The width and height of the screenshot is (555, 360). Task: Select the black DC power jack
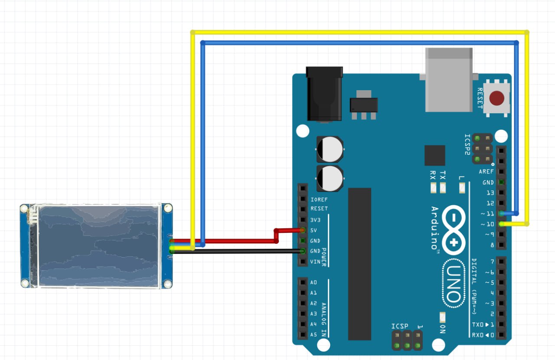[x=324, y=93]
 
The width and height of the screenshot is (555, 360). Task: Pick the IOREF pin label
[x=319, y=200]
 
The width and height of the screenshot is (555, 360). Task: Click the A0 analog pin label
[x=313, y=282]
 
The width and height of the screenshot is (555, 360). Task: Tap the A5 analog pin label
[x=313, y=334]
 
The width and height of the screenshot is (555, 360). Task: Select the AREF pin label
[x=486, y=172]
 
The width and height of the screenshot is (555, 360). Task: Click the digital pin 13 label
[x=490, y=193]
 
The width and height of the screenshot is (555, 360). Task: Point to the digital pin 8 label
[x=492, y=245]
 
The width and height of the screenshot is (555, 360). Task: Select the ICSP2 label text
[x=467, y=144]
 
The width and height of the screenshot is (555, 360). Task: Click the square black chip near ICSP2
[x=435, y=155]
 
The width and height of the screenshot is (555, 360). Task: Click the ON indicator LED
[x=442, y=317]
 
